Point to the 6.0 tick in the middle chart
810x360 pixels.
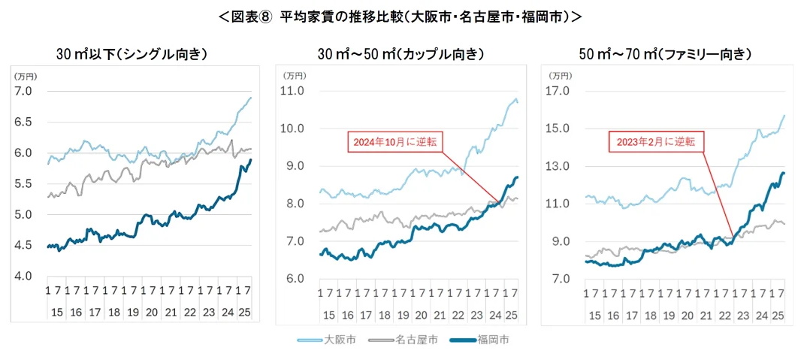coord(294,279)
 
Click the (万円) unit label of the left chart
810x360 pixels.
coord(25,76)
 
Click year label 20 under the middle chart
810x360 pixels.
coord(421,312)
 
